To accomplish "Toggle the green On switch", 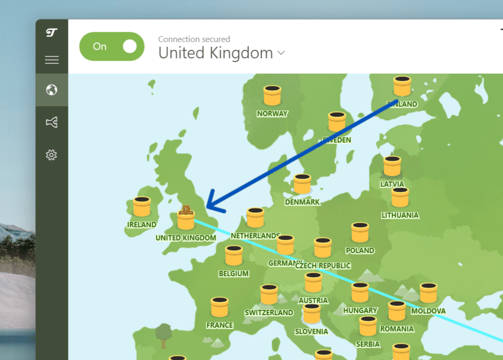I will [x=112, y=46].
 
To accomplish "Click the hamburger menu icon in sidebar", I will [x=52, y=60].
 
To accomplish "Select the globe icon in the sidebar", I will [x=52, y=90].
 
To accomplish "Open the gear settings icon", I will [x=52, y=155].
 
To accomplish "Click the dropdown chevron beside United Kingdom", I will [x=281, y=53].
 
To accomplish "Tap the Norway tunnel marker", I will [x=272, y=96].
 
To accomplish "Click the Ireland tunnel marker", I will [x=142, y=207].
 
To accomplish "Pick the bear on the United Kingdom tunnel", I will [x=186, y=210].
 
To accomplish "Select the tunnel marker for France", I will [x=219, y=307].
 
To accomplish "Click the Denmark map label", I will [x=302, y=202].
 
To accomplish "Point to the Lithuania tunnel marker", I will [x=400, y=198].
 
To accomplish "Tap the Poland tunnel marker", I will [x=360, y=233].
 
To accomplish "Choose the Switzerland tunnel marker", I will [x=269, y=295].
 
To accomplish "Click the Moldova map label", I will [x=428, y=311].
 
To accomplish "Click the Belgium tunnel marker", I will [x=234, y=256].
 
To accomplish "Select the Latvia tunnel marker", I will [x=392, y=166].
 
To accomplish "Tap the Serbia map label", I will [x=368, y=344].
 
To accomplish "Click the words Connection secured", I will [x=194, y=39].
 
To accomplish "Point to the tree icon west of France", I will [x=164, y=333].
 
